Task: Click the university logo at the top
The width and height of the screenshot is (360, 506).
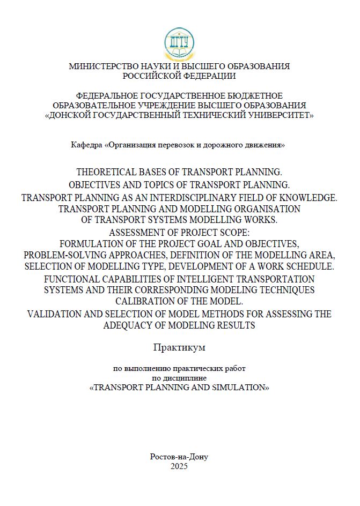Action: [179, 44]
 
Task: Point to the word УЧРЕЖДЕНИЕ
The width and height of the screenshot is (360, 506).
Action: [164, 105]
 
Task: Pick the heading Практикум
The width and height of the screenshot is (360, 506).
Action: [179, 347]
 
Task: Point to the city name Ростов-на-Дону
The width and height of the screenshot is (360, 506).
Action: [179, 457]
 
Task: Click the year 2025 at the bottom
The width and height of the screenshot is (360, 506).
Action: [179, 466]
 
